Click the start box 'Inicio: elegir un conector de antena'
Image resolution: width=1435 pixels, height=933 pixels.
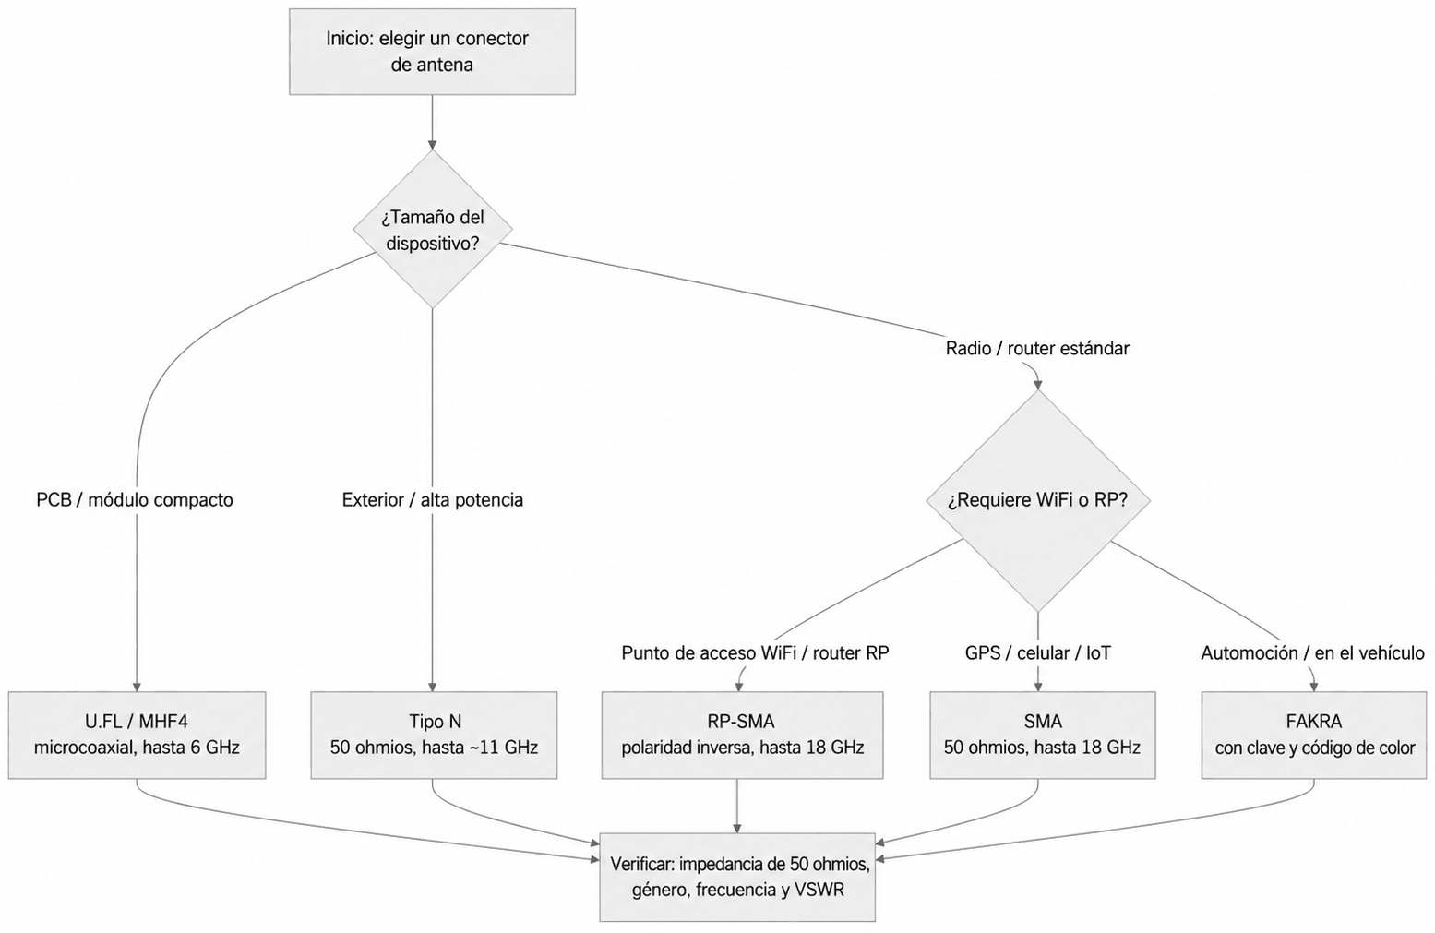point(432,52)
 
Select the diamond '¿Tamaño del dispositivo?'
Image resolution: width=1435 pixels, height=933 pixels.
point(433,229)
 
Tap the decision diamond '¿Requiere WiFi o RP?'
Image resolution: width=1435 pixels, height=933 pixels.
point(1038,500)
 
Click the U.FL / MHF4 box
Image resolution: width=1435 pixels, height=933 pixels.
point(137,735)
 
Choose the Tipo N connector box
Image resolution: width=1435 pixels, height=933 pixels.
point(434,735)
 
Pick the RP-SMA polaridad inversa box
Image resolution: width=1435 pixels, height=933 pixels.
point(742,735)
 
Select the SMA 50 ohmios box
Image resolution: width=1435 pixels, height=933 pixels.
point(1042,735)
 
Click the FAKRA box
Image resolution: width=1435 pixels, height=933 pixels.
point(1314,735)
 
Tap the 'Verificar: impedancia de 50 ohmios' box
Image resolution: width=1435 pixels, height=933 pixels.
point(737,878)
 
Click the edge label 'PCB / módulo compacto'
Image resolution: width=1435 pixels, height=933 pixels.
point(135,500)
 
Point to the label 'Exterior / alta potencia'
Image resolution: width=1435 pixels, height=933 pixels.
point(433,500)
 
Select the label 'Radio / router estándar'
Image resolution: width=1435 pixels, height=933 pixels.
point(1038,349)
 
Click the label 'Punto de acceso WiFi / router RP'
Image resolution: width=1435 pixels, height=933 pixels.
point(755,653)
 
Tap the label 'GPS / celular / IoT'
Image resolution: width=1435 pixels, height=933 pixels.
point(1038,653)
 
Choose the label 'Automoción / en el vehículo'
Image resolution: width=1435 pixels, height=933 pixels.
point(1312,653)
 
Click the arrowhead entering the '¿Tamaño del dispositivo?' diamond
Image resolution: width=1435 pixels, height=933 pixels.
point(433,145)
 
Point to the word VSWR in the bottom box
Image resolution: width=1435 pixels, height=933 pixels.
point(819,890)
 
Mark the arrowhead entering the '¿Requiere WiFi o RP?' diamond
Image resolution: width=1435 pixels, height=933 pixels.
point(1038,385)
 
